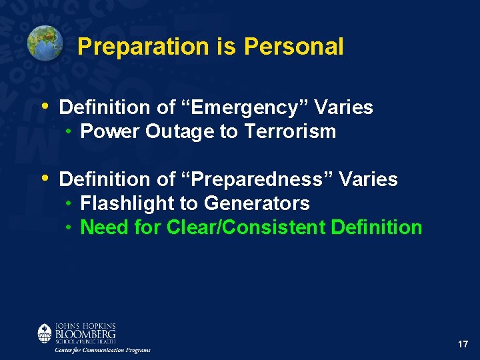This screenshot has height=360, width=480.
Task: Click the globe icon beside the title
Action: point(45,43)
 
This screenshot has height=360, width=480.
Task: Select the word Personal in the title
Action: point(293,47)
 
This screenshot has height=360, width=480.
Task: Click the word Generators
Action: point(257,203)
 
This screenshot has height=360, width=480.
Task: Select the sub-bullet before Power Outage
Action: point(69,131)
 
